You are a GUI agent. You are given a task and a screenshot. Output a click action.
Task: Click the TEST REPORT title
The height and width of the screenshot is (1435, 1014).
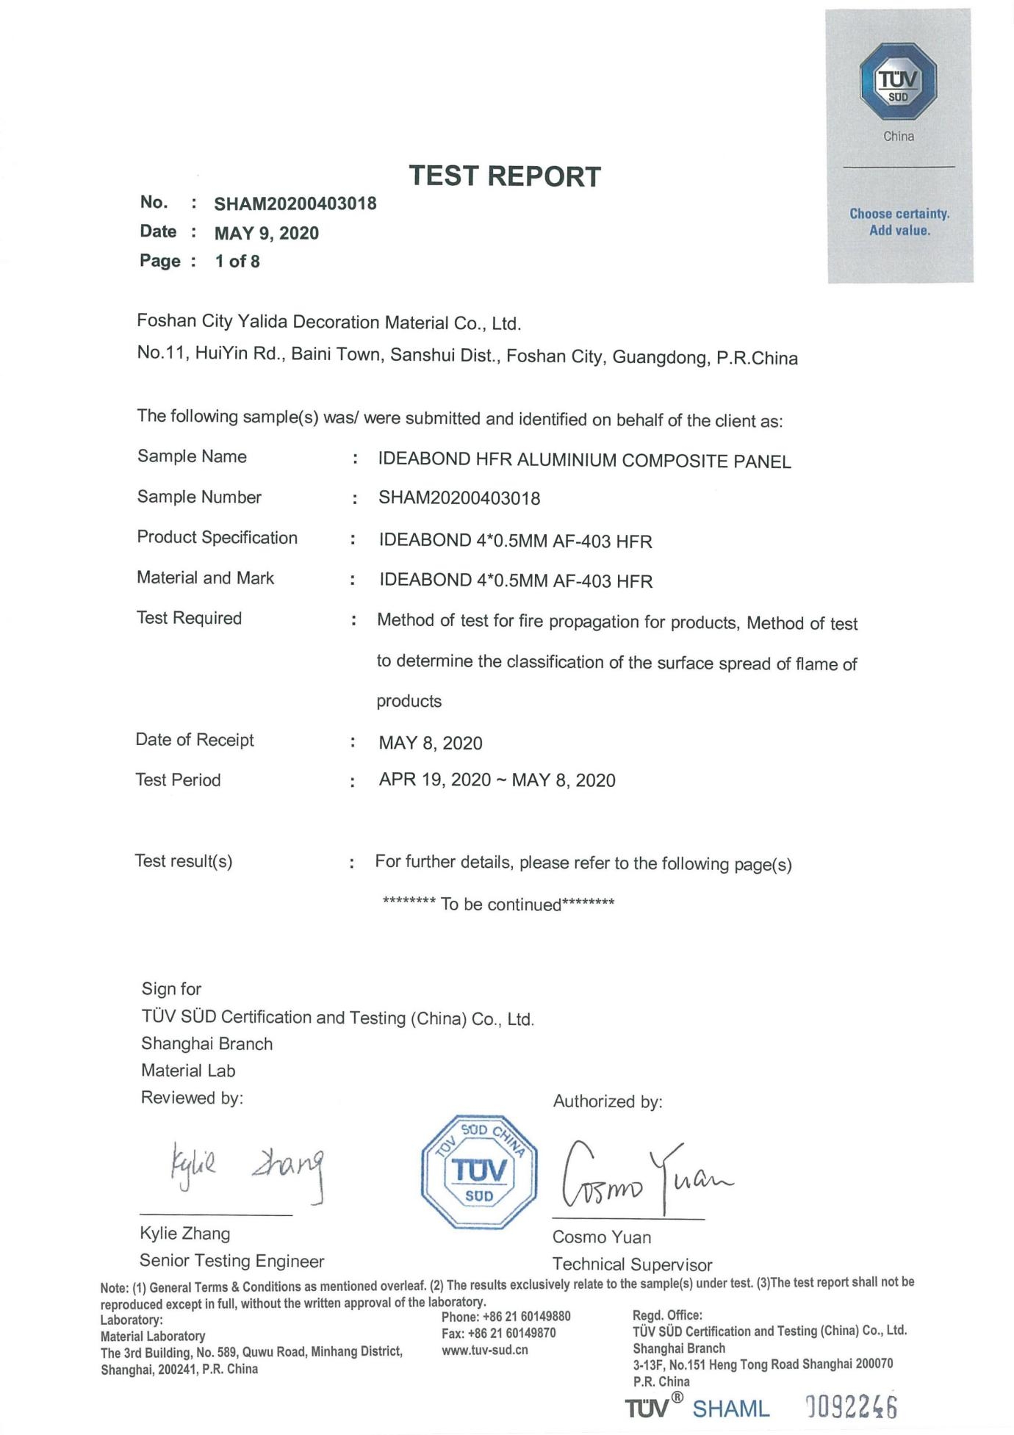coord(505,176)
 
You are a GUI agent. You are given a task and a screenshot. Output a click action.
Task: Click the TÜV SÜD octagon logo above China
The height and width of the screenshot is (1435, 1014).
coord(898,82)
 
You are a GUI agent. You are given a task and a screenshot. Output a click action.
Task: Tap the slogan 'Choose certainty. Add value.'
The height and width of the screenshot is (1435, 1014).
coord(899,222)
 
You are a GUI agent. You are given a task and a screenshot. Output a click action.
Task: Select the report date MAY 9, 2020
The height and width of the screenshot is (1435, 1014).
coord(267,234)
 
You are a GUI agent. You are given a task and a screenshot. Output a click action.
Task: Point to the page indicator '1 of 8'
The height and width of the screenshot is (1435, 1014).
coord(237,262)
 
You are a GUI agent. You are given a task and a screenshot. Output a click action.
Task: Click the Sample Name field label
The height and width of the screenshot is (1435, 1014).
coord(192,456)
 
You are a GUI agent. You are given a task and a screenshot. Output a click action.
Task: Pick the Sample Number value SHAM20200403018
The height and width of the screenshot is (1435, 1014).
coord(459,498)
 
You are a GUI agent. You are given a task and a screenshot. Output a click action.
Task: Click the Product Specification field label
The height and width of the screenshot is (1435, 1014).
coord(217,537)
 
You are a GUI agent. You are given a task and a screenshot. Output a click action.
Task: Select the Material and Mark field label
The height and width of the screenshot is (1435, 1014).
coord(205,578)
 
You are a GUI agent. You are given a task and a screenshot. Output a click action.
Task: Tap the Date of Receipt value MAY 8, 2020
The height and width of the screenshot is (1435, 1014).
coord(431,743)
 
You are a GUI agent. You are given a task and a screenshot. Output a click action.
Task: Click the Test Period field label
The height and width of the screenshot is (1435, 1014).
coord(178,780)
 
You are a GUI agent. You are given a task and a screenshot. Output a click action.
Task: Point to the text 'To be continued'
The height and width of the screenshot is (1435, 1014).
coord(500,904)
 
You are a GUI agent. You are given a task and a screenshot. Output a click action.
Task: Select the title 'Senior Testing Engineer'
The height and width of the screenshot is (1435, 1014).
coord(231,1261)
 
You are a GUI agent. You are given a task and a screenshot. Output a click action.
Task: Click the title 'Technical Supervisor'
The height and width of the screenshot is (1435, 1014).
coord(632,1265)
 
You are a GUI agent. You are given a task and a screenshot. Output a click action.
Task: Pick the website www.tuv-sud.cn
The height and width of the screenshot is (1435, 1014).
coord(485,1350)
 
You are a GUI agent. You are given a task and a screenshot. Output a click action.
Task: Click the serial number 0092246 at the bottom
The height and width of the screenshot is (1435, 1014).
coord(852,1407)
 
